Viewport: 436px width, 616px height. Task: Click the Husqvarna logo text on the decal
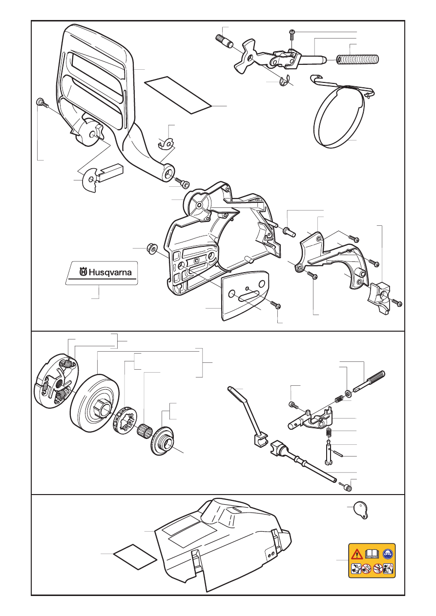point(105,272)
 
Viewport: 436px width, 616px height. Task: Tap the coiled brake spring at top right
point(358,59)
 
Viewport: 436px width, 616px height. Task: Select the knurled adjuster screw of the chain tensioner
point(369,381)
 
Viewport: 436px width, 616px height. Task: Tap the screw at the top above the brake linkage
point(291,35)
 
